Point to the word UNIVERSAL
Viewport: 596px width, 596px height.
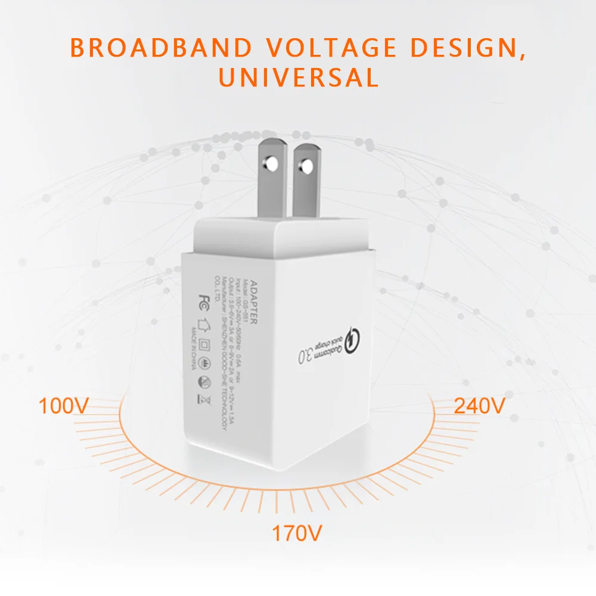298,77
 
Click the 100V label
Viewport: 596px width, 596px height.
64,406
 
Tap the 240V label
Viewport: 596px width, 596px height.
480,406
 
